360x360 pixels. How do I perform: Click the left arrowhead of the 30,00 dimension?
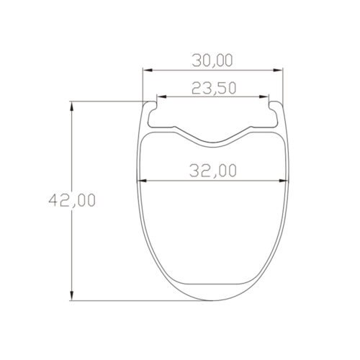click(145, 71)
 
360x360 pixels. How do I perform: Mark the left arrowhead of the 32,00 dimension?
click(140, 181)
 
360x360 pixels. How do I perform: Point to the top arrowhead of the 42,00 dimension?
click(72, 105)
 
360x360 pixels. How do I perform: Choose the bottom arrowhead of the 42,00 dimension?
click(72, 298)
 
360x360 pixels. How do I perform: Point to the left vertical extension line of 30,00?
click(143, 83)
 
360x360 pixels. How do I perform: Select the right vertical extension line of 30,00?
click(282, 83)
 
